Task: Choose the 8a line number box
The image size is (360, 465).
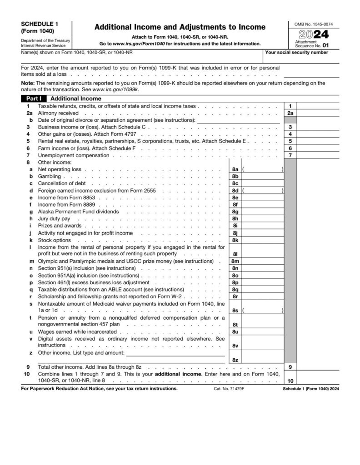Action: [x=235, y=169]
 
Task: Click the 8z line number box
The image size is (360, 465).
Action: [x=235, y=360]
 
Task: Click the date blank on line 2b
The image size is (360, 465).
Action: [x=238, y=120]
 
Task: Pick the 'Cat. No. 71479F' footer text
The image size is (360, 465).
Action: [x=229, y=389]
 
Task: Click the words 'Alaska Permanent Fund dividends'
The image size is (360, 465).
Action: [x=78, y=212]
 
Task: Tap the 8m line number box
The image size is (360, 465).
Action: [x=235, y=262]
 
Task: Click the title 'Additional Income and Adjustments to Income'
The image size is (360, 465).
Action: [x=180, y=27]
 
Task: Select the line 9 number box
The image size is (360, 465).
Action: [x=290, y=366]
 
